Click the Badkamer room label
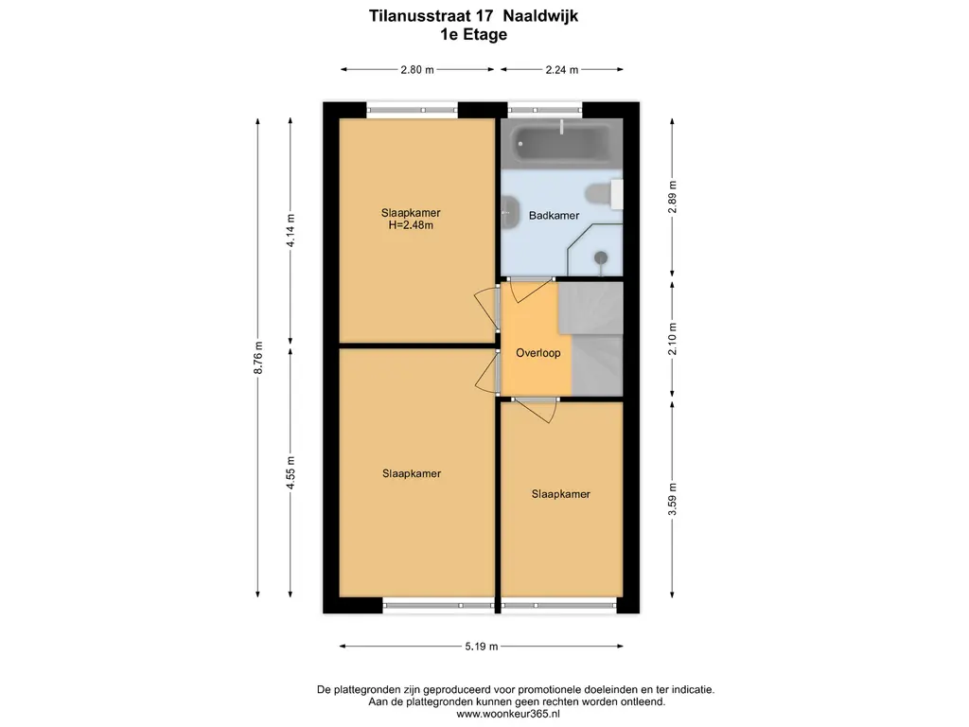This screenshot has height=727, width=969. [554, 216]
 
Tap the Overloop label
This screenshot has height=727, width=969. [538, 353]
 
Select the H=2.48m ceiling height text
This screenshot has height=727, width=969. [411, 225]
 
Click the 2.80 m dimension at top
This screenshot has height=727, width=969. [417, 70]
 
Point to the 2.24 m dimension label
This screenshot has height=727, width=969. [562, 70]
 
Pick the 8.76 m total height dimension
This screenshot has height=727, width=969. [258, 357]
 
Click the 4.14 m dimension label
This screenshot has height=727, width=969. [291, 230]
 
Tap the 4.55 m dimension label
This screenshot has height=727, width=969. [291, 473]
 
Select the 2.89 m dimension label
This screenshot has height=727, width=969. [673, 197]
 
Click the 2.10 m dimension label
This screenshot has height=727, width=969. [673, 339]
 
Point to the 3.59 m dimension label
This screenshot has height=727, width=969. [673, 500]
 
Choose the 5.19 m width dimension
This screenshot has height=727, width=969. [482, 647]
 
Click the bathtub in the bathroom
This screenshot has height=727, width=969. [561, 144]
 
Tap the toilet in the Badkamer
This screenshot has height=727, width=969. [604, 194]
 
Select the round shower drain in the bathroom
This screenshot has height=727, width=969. [601, 257]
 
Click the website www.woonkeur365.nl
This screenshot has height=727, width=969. [508, 714]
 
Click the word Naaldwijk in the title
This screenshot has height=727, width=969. [540, 15]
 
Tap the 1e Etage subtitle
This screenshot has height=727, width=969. [473, 35]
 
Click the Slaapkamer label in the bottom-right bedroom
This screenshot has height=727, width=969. [560, 494]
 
